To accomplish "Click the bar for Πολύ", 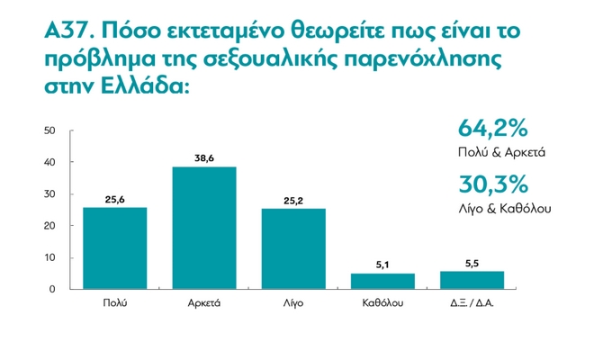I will click(114, 247).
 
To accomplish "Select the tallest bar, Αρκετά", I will click(204, 227).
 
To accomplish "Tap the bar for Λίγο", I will click(293, 248).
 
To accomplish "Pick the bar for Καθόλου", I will click(382, 281).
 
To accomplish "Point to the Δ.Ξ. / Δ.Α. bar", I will click(472, 280).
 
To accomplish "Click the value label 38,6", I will click(204, 157).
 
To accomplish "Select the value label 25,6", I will click(114, 199).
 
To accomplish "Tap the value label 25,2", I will click(293, 200).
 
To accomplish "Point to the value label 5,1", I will click(382, 265).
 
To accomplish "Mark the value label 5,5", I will click(472, 263).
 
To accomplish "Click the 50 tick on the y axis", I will click(50, 131).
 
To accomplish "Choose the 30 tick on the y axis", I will click(50, 194).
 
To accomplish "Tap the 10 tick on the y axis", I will click(50, 257).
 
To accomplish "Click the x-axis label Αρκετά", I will click(204, 303).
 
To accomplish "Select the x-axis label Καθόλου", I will click(382, 303).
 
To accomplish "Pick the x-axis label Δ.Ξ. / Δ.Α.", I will click(472, 303).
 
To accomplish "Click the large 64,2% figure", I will click(492, 127).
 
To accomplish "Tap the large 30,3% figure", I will click(492, 184).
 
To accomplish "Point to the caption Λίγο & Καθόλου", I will click(503, 209).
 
